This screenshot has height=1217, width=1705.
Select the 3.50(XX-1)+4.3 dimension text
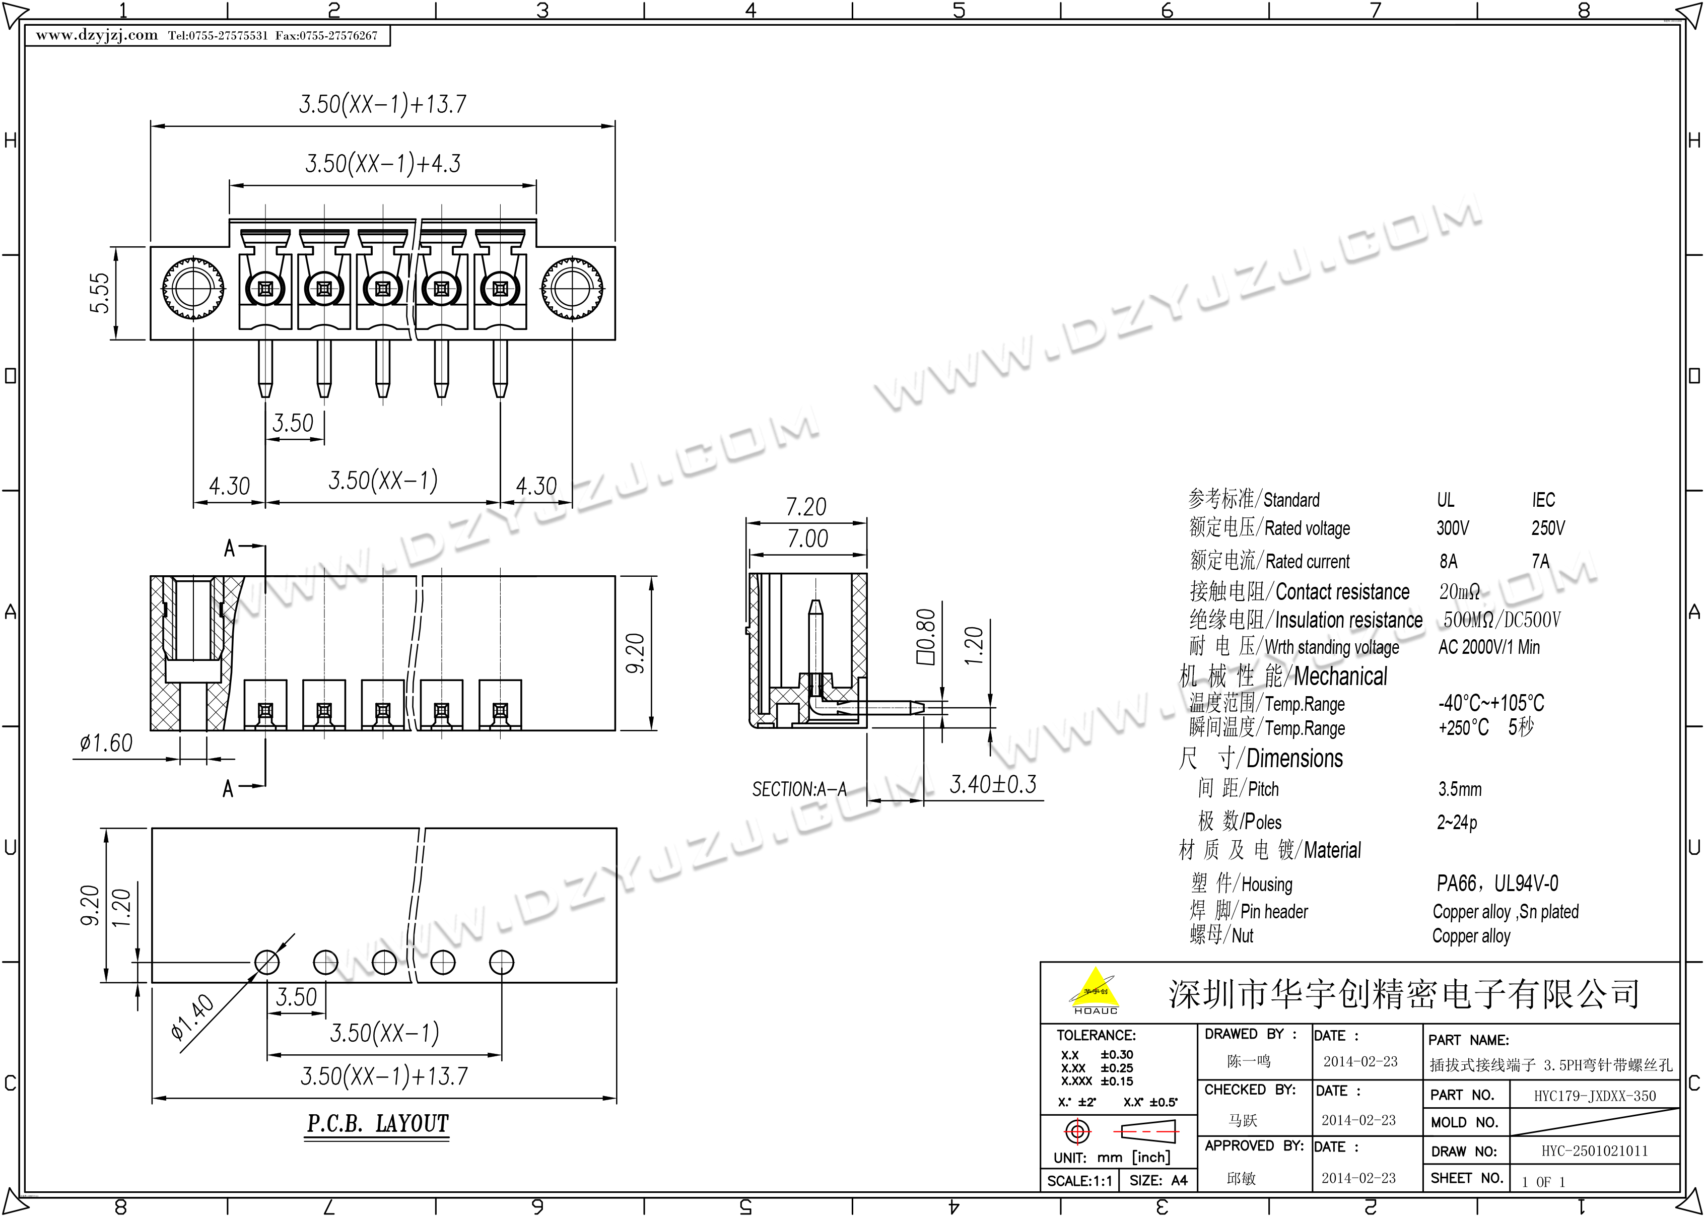pos(383,163)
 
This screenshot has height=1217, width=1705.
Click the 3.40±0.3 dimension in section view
pos(993,785)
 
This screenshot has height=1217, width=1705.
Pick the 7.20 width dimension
pos(806,507)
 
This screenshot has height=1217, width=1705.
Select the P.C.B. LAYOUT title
pos(378,1123)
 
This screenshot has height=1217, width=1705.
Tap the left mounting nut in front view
pos(194,289)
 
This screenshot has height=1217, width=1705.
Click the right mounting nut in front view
pos(572,289)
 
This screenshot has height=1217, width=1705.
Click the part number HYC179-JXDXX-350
pos(1595,1096)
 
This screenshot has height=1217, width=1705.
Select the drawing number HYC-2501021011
pos(1595,1151)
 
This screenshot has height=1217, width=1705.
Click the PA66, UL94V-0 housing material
pos(1497,884)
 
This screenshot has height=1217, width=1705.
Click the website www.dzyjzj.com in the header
pos(97,35)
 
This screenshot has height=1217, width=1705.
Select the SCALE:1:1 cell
pos(1079,1181)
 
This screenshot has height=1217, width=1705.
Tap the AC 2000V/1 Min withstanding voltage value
pos(1488,647)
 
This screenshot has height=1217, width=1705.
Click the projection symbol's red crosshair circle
pos(1077,1131)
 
